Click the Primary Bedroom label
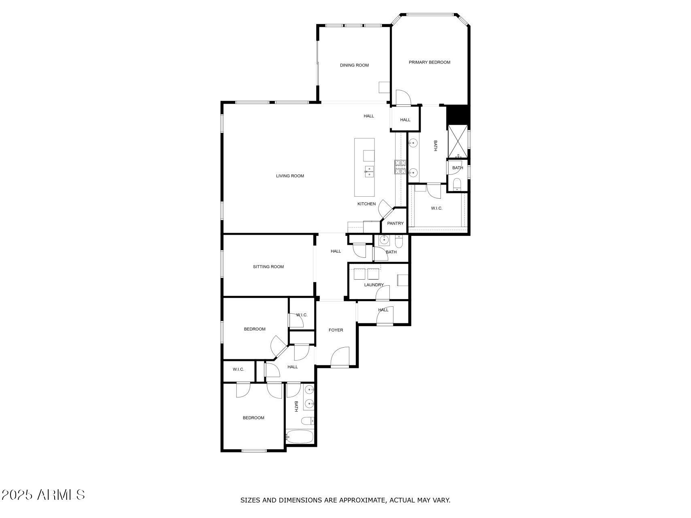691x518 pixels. click(429, 62)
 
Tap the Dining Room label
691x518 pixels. click(354, 65)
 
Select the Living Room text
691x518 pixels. click(290, 176)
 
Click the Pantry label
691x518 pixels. click(395, 223)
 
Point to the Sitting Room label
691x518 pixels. click(268, 267)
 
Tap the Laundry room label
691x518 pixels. click(374, 285)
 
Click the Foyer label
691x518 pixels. click(336, 330)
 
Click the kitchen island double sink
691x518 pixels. click(369, 172)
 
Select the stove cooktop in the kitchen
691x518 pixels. click(400, 167)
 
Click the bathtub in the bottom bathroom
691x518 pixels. click(300, 437)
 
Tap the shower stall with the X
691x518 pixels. click(457, 141)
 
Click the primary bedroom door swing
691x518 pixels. click(403, 98)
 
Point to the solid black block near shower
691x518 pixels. click(457, 115)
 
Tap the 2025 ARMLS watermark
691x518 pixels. click(43, 495)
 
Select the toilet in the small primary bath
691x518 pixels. click(457, 184)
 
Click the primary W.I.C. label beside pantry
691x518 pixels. click(436, 208)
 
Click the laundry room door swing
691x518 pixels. click(383, 293)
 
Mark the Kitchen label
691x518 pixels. click(366, 204)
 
